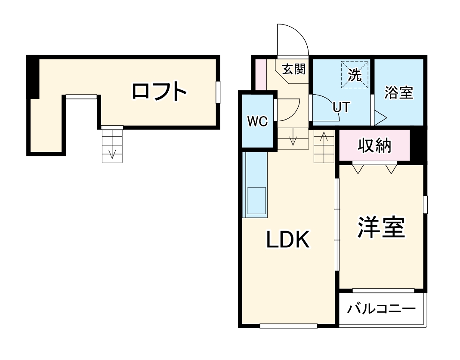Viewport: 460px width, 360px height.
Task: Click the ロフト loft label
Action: (x=159, y=92)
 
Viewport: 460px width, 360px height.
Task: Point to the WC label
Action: (x=257, y=122)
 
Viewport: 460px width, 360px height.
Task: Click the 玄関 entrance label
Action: (x=293, y=69)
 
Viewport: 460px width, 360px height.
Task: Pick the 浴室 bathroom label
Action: (x=398, y=92)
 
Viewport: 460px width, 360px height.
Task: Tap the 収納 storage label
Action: (x=375, y=146)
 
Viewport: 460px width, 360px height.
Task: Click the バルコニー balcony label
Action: (x=382, y=309)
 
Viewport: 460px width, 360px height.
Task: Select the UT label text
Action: (x=341, y=107)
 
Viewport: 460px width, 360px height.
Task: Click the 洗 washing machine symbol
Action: (x=355, y=75)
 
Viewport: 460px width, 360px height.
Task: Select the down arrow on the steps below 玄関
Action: (x=293, y=139)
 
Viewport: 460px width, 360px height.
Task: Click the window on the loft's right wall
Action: (x=218, y=92)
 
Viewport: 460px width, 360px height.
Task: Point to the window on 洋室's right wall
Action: (x=425, y=204)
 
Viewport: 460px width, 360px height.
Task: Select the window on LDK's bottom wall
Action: (x=288, y=326)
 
